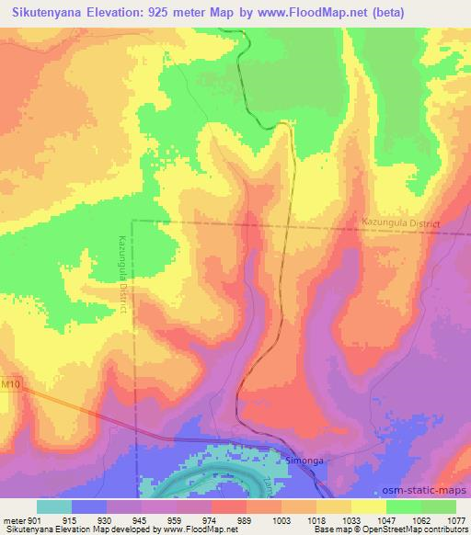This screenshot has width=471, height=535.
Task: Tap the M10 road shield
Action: tap(10, 383)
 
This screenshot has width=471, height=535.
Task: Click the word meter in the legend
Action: tap(15, 520)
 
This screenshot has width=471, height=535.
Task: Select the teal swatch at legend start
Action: tap(53, 507)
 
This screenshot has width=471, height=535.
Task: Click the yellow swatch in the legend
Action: tap(368, 507)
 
